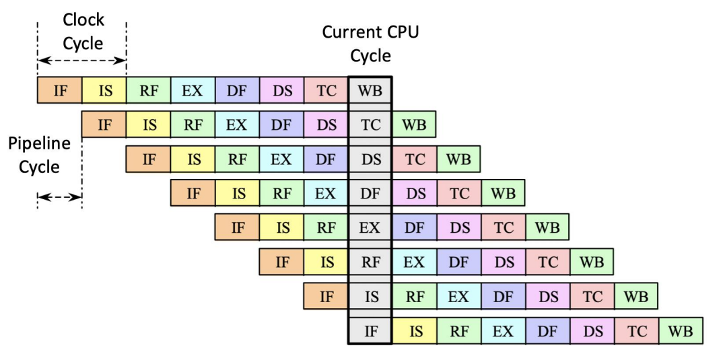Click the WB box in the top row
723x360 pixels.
(x=370, y=90)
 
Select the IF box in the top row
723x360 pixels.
(x=60, y=90)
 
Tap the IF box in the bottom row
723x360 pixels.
(x=370, y=330)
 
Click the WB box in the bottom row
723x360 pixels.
(x=681, y=330)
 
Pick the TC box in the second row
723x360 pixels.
(x=370, y=124)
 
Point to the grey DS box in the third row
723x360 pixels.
(x=370, y=159)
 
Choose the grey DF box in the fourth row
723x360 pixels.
(x=370, y=193)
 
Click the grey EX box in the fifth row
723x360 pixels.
(x=370, y=227)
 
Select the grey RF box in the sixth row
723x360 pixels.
(x=370, y=262)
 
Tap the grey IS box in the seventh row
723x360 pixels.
(x=370, y=296)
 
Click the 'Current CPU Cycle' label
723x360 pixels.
(x=370, y=43)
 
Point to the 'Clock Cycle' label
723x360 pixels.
(x=83, y=32)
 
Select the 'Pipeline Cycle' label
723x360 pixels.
(x=39, y=155)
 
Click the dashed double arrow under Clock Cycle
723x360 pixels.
(x=82, y=61)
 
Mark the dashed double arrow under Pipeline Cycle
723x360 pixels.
(x=59, y=198)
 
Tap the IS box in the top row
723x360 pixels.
(x=104, y=90)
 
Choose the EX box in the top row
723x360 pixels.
(x=193, y=90)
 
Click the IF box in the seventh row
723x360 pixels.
(x=326, y=296)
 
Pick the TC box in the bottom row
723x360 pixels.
(x=636, y=330)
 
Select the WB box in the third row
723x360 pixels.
(x=458, y=159)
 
